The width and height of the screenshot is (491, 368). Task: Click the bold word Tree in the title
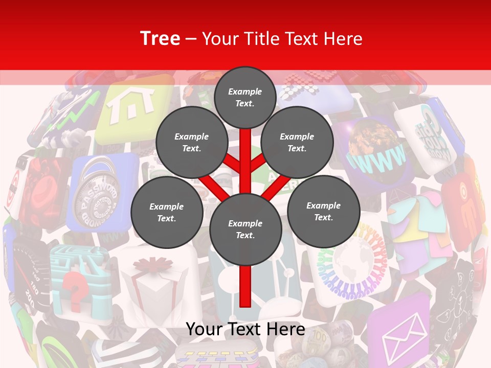[x=160, y=38]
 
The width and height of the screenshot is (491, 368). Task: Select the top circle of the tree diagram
[x=245, y=97]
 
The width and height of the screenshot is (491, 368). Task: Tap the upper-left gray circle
[x=191, y=142]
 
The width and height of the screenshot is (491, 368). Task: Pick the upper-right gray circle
[x=297, y=142]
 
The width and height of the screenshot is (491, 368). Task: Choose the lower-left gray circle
[x=166, y=212]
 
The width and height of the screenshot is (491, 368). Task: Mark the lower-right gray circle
[x=323, y=211]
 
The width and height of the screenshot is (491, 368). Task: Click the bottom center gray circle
[x=245, y=229]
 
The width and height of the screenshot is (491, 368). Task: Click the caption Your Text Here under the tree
[x=245, y=329]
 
